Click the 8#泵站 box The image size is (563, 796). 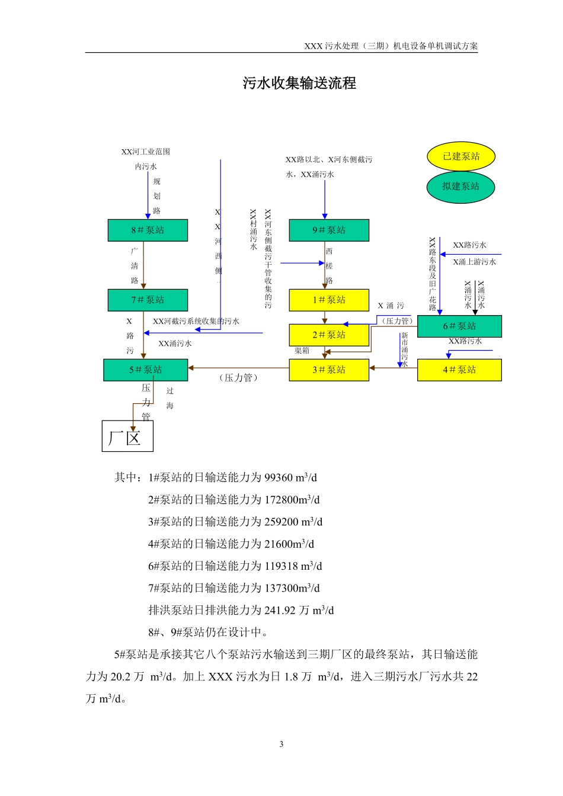pyautogui.click(x=148, y=230)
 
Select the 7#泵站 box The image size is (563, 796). pyautogui.click(x=148, y=300)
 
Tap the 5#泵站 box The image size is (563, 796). pyautogui.click(x=145, y=370)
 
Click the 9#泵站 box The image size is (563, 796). pyautogui.click(x=329, y=230)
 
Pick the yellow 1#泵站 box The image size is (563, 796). pyautogui.click(x=329, y=300)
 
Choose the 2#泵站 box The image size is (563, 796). pyautogui.click(x=329, y=335)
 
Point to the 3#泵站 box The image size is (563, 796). pyautogui.click(x=329, y=370)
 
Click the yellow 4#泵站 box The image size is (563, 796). pyautogui.click(x=459, y=370)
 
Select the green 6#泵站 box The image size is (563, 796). pyautogui.click(x=459, y=326)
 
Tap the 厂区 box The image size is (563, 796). pyautogui.click(x=127, y=436)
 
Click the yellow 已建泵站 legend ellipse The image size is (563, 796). pyautogui.click(x=461, y=156)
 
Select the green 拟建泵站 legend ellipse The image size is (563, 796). pyautogui.click(x=460, y=187)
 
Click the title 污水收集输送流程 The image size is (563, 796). pyautogui.click(x=299, y=84)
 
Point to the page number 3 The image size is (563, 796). pyautogui.click(x=281, y=744)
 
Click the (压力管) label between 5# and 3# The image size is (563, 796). pyautogui.click(x=239, y=378)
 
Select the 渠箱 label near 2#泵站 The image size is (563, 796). pyautogui.click(x=302, y=351)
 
